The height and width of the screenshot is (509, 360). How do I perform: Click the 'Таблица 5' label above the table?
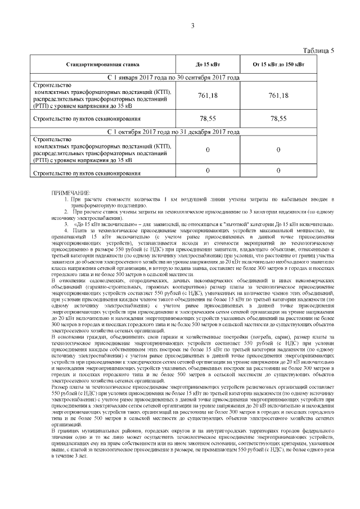point(318,51)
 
